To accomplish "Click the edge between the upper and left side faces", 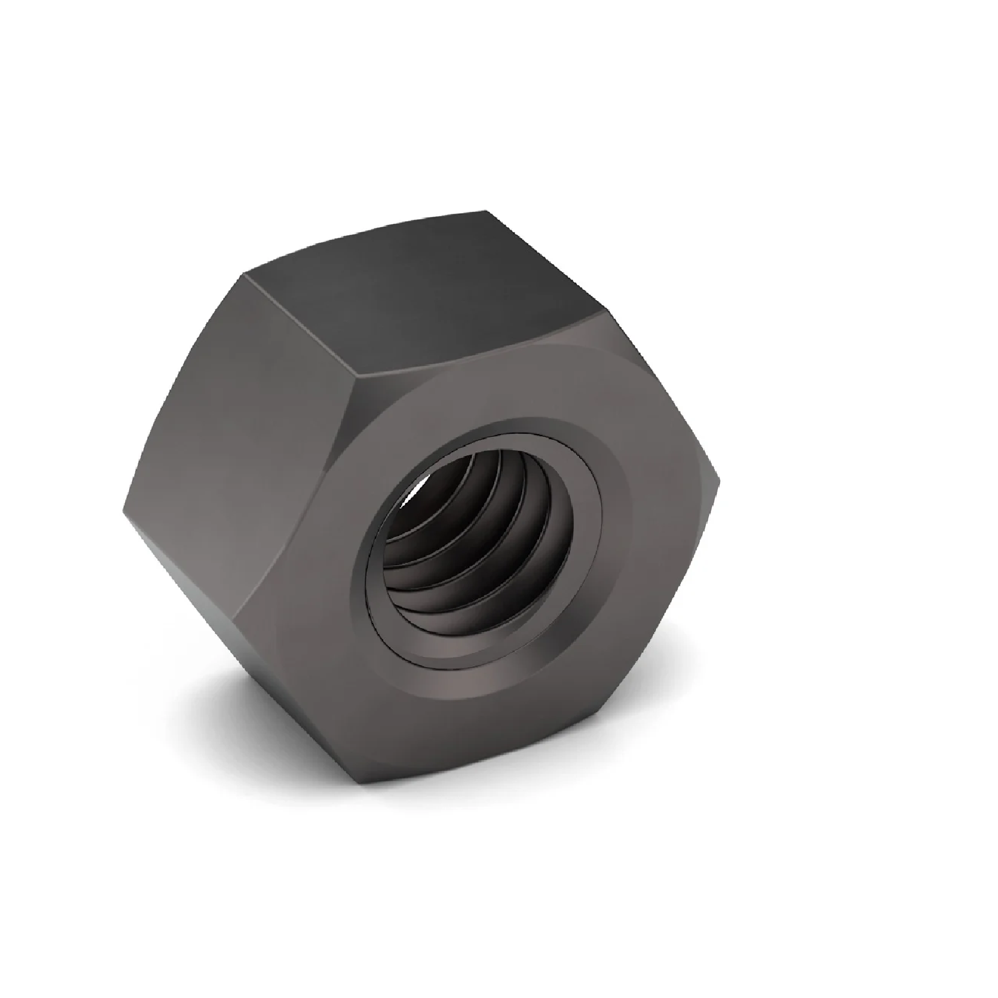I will pyautogui.click(x=299, y=325).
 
